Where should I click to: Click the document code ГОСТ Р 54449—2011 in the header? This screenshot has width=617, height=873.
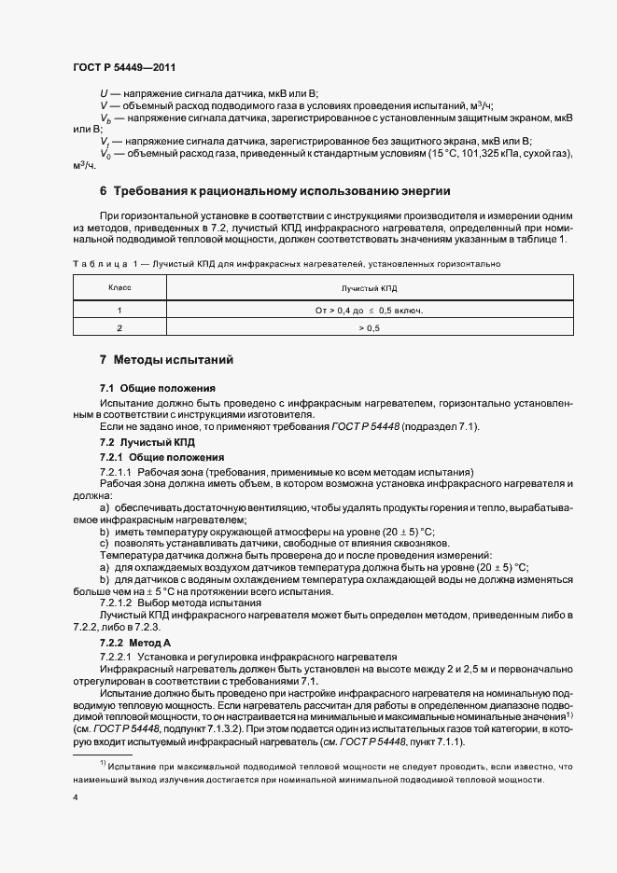[x=123, y=67]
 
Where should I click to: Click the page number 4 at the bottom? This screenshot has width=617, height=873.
[x=75, y=798]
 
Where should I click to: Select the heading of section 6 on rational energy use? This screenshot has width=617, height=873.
[x=275, y=191]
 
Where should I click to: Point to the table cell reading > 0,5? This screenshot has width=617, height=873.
[x=370, y=328]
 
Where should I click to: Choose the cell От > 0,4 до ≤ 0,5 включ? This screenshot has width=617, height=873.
[x=370, y=310]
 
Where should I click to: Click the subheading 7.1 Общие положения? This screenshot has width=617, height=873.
[x=158, y=387]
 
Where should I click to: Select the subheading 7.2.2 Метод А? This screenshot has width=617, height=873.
[x=136, y=644]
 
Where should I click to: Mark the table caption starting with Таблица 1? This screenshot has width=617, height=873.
[x=286, y=264]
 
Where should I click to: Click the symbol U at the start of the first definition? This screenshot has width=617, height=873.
[x=103, y=93]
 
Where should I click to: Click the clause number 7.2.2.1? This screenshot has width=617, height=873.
[x=119, y=657]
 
